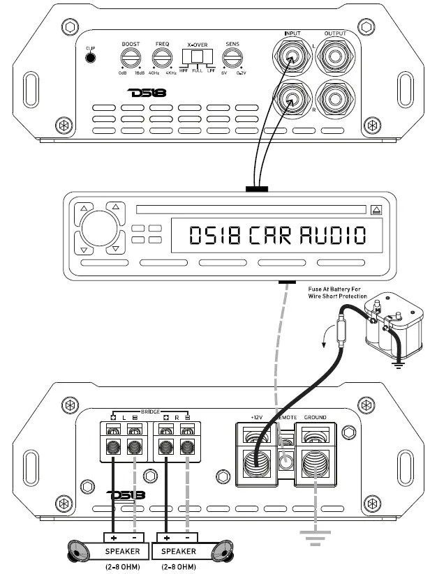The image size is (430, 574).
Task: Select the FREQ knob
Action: click(x=161, y=58)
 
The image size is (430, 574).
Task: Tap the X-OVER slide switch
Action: click(x=197, y=57)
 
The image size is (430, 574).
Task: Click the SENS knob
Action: click(x=232, y=58)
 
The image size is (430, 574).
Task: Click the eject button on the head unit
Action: click(x=377, y=209)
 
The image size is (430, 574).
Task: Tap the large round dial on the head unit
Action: click(x=96, y=229)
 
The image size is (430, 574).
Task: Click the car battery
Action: click(x=395, y=328)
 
